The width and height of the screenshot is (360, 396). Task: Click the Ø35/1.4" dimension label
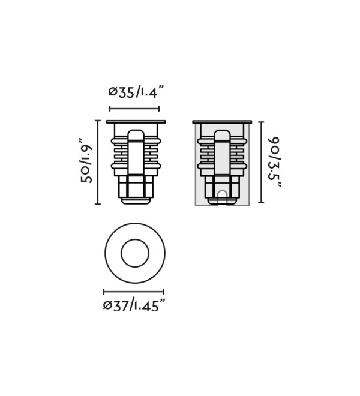coord(136,92)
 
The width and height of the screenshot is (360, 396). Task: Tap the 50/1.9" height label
coord(86,160)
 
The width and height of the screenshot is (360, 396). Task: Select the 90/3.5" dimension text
coord(274,162)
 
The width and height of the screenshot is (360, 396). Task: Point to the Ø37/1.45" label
coord(134,305)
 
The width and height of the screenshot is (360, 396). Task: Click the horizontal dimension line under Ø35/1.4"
coord(134,109)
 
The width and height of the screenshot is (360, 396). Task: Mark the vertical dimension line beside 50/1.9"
coord(98,162)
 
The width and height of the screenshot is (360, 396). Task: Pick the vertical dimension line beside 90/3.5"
coord(261,162)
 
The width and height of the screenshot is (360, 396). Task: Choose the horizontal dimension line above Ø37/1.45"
coord(134,292)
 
